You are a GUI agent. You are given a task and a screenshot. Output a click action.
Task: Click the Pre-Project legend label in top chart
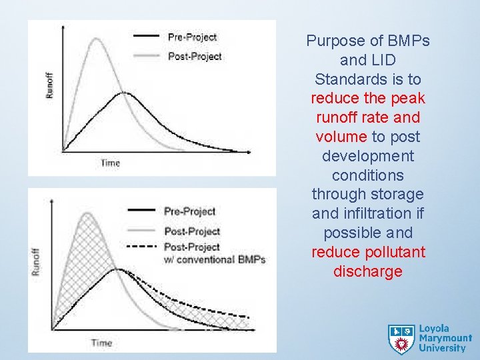point(192,37)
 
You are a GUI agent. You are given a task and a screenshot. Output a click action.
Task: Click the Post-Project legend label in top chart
point(195,57)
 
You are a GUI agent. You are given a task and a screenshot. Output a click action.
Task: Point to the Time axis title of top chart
point(111,163)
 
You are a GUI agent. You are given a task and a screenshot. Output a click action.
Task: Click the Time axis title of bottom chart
point(101,343)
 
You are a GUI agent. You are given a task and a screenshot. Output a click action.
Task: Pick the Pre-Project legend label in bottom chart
point(190,211)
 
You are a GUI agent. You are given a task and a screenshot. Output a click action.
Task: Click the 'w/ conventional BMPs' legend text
point(215,259)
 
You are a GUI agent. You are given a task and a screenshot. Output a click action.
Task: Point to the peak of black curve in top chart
point(123,93)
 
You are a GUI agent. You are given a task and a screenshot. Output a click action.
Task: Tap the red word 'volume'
point(341,137)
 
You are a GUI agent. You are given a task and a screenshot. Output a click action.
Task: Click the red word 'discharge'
point(368,271)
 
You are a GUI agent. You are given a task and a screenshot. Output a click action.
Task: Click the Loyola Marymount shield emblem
point(401,339)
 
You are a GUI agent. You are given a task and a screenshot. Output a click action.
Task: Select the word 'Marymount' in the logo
point(445,338)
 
